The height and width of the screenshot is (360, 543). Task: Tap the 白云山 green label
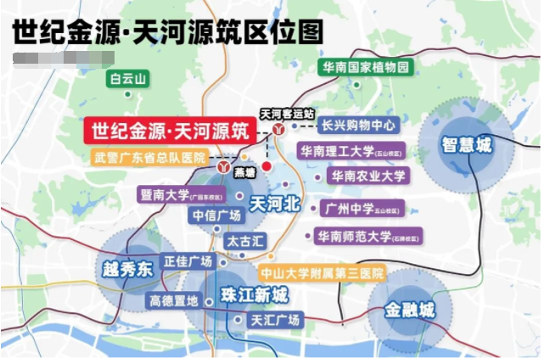click(127, 80)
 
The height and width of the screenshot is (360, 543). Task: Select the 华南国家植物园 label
click(366, 66)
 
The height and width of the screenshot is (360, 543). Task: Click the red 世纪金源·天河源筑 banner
click(170, 132)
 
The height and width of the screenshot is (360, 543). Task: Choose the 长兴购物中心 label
click(359, 126)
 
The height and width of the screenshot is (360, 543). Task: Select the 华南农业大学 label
click(369, 176)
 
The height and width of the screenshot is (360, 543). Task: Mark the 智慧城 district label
click(465, 144)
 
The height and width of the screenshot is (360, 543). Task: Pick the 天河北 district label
click(276, 204)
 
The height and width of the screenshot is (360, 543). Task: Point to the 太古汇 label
click(245, 241)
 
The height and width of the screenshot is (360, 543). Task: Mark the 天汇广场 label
click(274, 320)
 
